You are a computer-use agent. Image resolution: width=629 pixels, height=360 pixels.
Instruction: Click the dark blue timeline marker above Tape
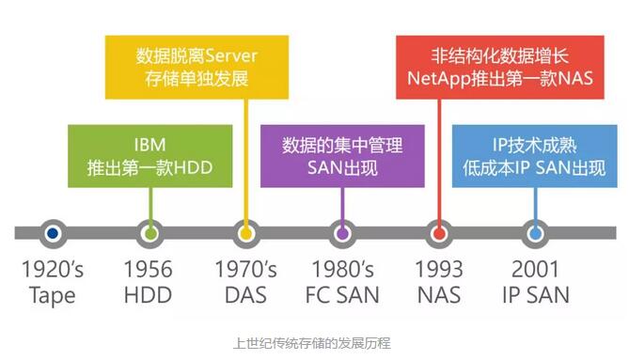point(53,232)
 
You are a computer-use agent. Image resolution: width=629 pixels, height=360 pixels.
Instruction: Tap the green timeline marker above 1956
point(148,232)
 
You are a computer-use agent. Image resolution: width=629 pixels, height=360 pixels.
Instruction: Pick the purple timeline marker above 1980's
point(343,232)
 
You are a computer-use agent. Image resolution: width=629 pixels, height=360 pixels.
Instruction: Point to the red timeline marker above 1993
point(438,232)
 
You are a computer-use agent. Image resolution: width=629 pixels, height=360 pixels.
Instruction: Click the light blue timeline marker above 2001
point(534,232)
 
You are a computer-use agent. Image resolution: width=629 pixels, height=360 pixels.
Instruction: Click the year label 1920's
point(53,270)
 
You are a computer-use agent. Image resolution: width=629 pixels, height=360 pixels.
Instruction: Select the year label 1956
point(148,270)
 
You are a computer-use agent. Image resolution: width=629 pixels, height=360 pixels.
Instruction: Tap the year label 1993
point(438,270)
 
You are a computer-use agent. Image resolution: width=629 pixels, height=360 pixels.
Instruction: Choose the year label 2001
point(534,270)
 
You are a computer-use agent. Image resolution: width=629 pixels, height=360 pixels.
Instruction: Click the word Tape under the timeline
point(53,295)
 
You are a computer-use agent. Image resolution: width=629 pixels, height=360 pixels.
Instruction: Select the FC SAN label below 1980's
point(342,295)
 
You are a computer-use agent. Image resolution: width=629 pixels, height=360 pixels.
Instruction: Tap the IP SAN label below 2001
point(534,295)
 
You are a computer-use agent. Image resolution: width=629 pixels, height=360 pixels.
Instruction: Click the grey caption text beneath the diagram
point(314,344)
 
